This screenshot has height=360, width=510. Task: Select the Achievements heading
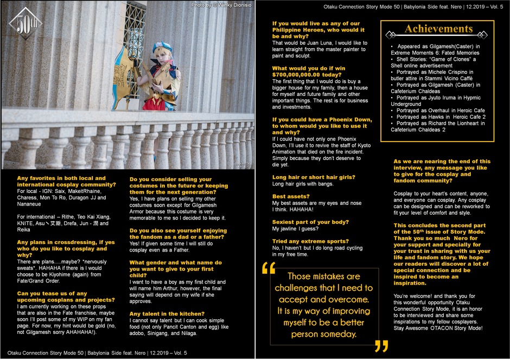point(438,29)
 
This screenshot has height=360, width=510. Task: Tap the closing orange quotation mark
point(381,347)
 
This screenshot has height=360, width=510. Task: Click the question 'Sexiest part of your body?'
point(310,222)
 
